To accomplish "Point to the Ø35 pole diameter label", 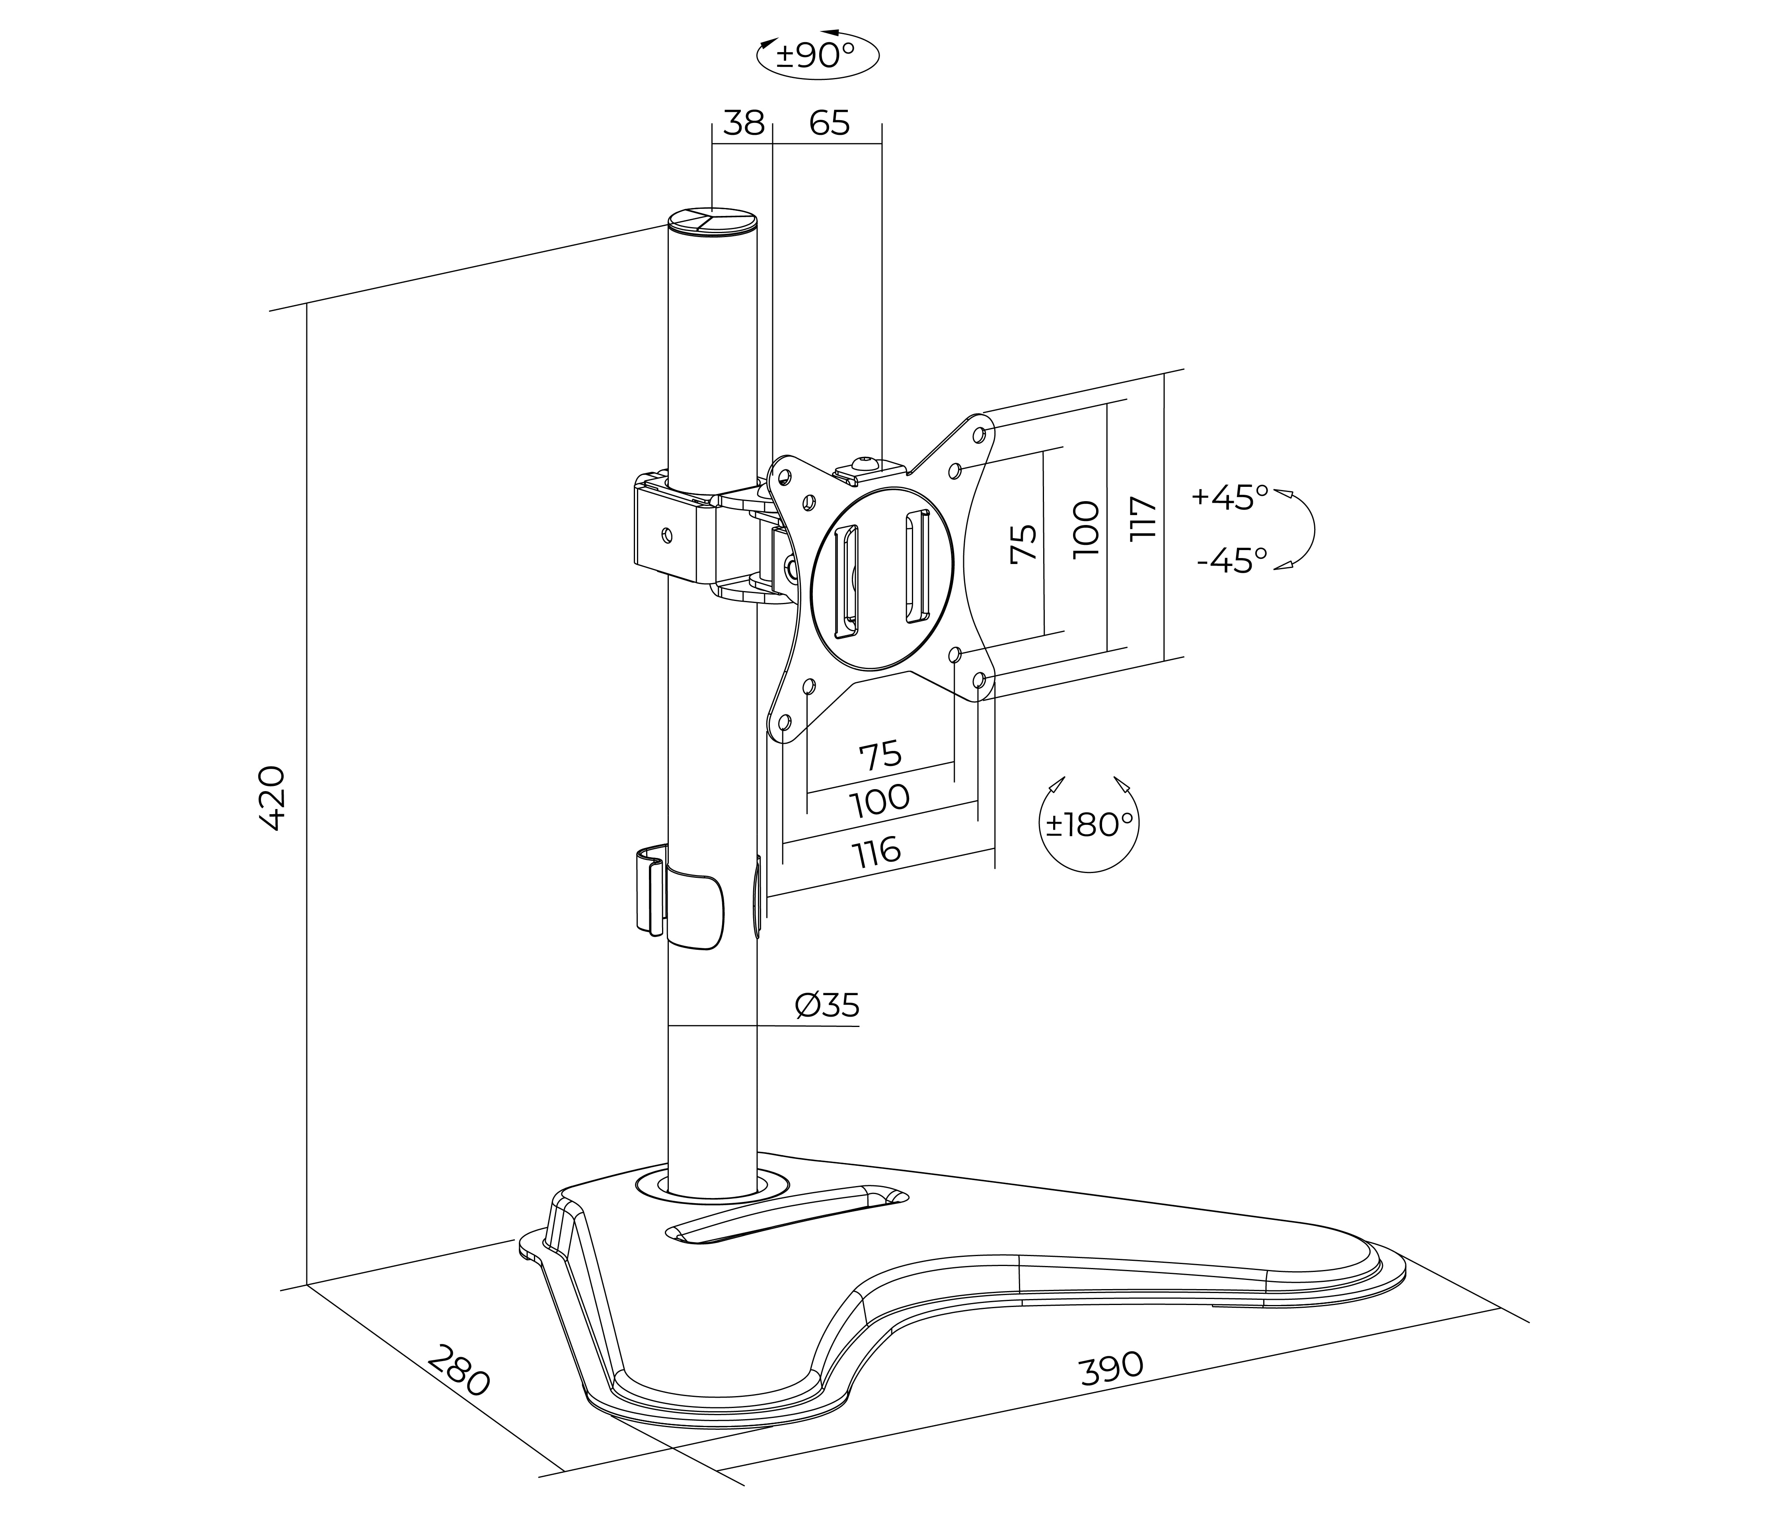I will point(826,1005).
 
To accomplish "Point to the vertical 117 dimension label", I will point(1143,518).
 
